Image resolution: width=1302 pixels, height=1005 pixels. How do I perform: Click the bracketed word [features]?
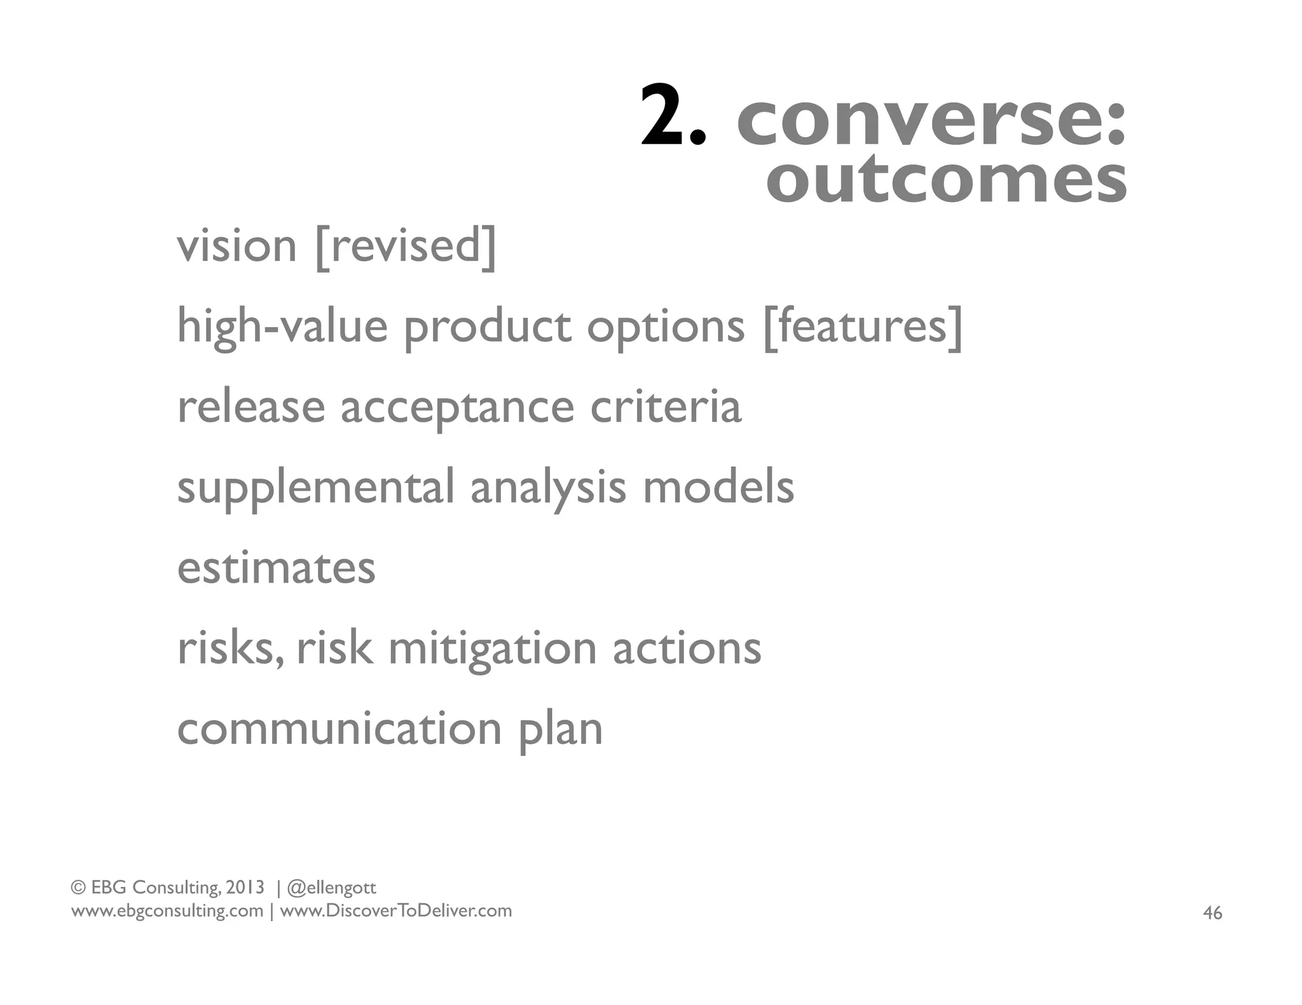863,327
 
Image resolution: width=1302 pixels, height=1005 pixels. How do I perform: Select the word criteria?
665,407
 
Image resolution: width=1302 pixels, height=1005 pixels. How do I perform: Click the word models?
718,487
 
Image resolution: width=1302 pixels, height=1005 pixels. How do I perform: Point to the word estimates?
276,568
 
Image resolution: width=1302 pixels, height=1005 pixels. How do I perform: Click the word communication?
339,729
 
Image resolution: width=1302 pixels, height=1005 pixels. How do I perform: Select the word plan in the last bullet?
560,731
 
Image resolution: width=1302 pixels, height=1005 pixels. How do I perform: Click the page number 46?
1212,914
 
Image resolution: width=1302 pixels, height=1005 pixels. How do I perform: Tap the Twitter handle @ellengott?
332,887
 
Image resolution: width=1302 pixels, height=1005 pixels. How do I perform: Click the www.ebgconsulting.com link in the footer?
167,911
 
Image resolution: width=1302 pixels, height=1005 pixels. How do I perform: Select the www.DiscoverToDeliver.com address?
395,911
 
